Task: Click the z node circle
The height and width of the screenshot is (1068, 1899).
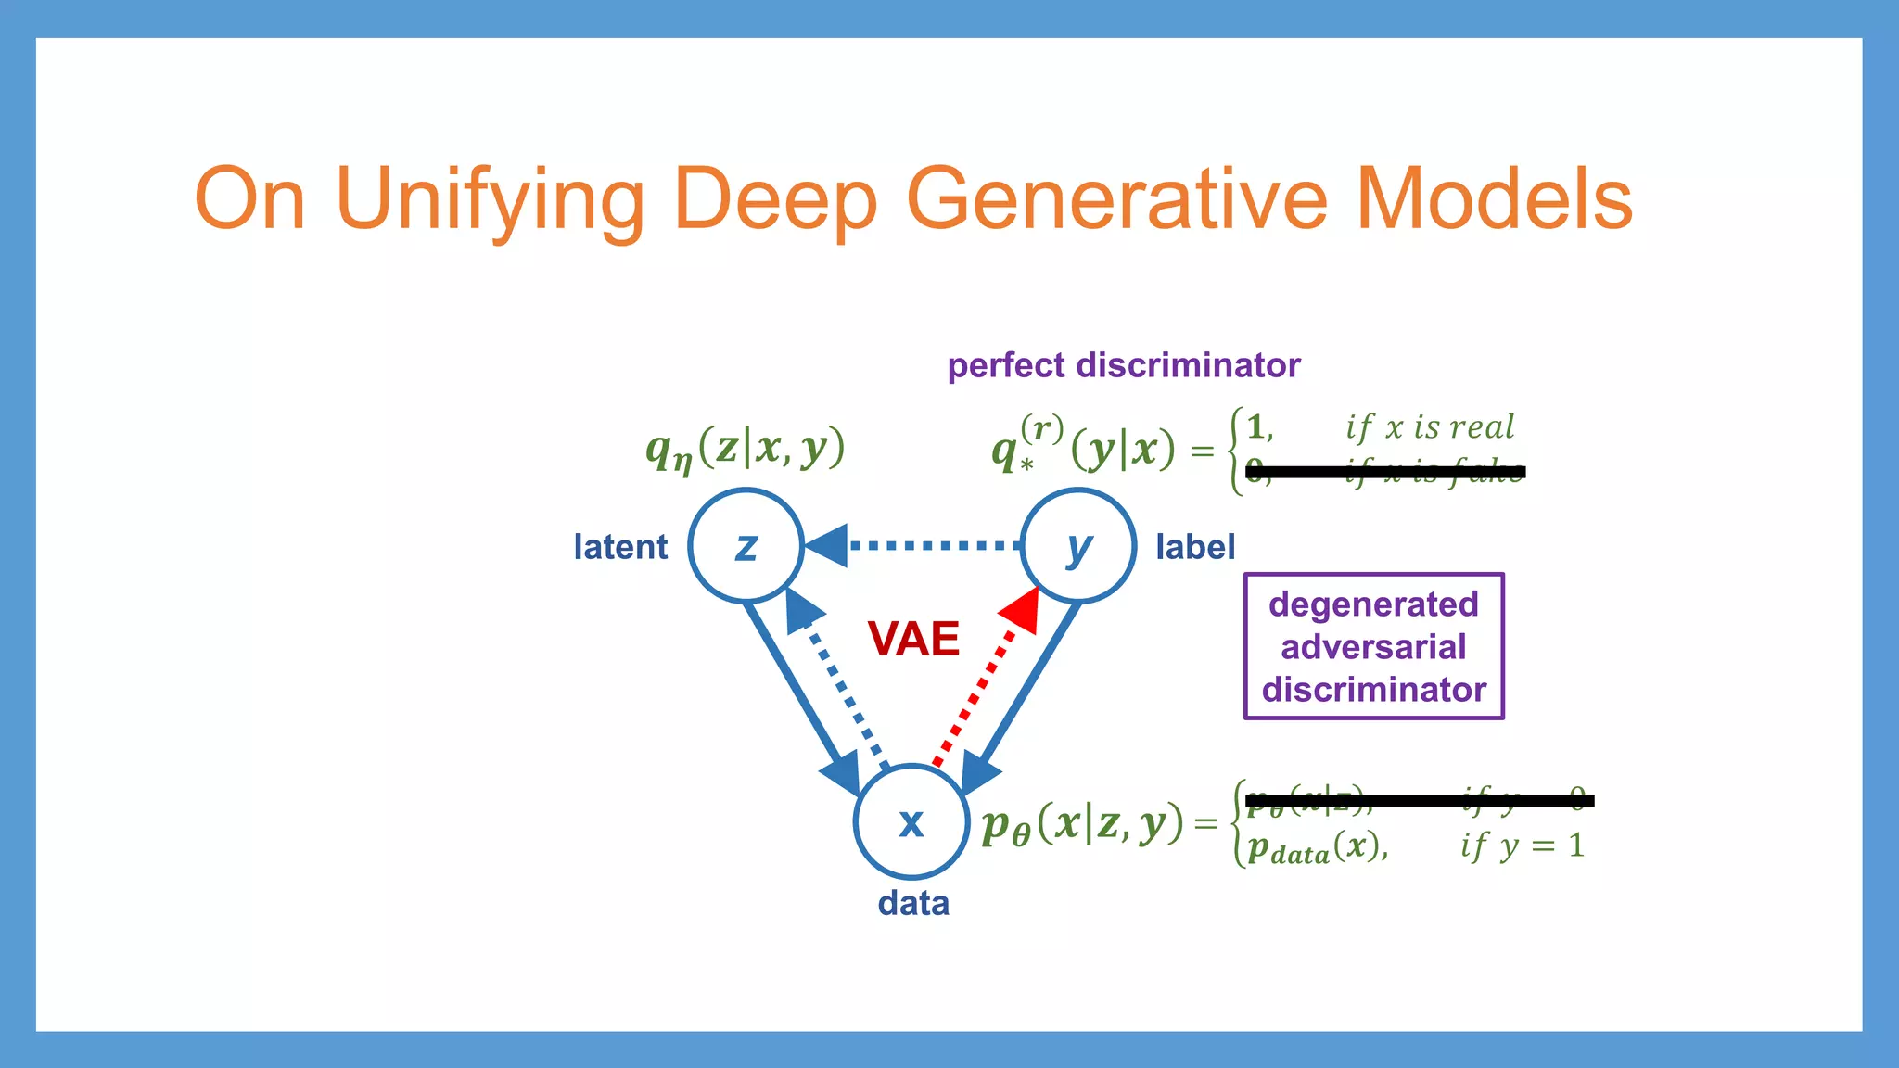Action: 746,546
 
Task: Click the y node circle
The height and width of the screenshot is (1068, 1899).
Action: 1077,546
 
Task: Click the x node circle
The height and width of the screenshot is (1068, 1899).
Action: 911,821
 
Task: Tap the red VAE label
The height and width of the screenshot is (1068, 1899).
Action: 913,639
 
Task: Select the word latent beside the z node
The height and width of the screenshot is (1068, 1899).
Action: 620,547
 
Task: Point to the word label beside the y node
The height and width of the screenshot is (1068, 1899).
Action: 1195,547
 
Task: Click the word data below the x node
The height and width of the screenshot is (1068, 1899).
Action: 913,903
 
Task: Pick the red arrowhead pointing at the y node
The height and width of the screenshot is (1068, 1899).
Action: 1022,610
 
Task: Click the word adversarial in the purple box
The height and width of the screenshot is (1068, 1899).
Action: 1373,647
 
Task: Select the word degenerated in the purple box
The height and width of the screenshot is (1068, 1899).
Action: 1373,604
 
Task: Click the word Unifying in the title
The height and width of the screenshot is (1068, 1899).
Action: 490,199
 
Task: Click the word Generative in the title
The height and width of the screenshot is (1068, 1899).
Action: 1116,199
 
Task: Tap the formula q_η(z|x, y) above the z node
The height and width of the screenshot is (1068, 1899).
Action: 746,450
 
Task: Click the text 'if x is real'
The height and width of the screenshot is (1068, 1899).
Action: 1430,426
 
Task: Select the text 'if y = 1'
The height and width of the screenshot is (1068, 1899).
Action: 1522,845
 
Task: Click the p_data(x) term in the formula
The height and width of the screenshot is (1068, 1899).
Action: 1317,847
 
